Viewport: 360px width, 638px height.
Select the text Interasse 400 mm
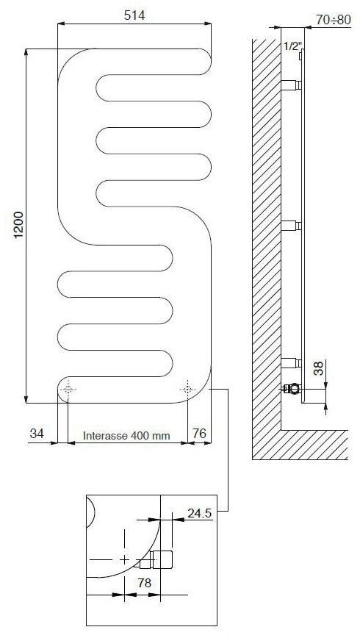tap(126, 435)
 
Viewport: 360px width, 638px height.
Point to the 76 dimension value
tap(199, 434)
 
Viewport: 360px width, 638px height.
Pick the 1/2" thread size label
tap(292, 46)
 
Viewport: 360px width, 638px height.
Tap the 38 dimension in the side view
tap(318, 368)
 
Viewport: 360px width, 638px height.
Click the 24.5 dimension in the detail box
tap(199, 513)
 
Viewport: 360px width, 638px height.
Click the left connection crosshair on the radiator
tap(68, 389)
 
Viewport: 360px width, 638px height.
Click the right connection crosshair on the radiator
tap(187, 389)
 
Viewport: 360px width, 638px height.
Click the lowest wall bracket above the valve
tap(291, 360)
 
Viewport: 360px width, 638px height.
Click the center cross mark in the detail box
tap(124, 560)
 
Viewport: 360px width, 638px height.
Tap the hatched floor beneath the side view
tap(309, 445)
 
